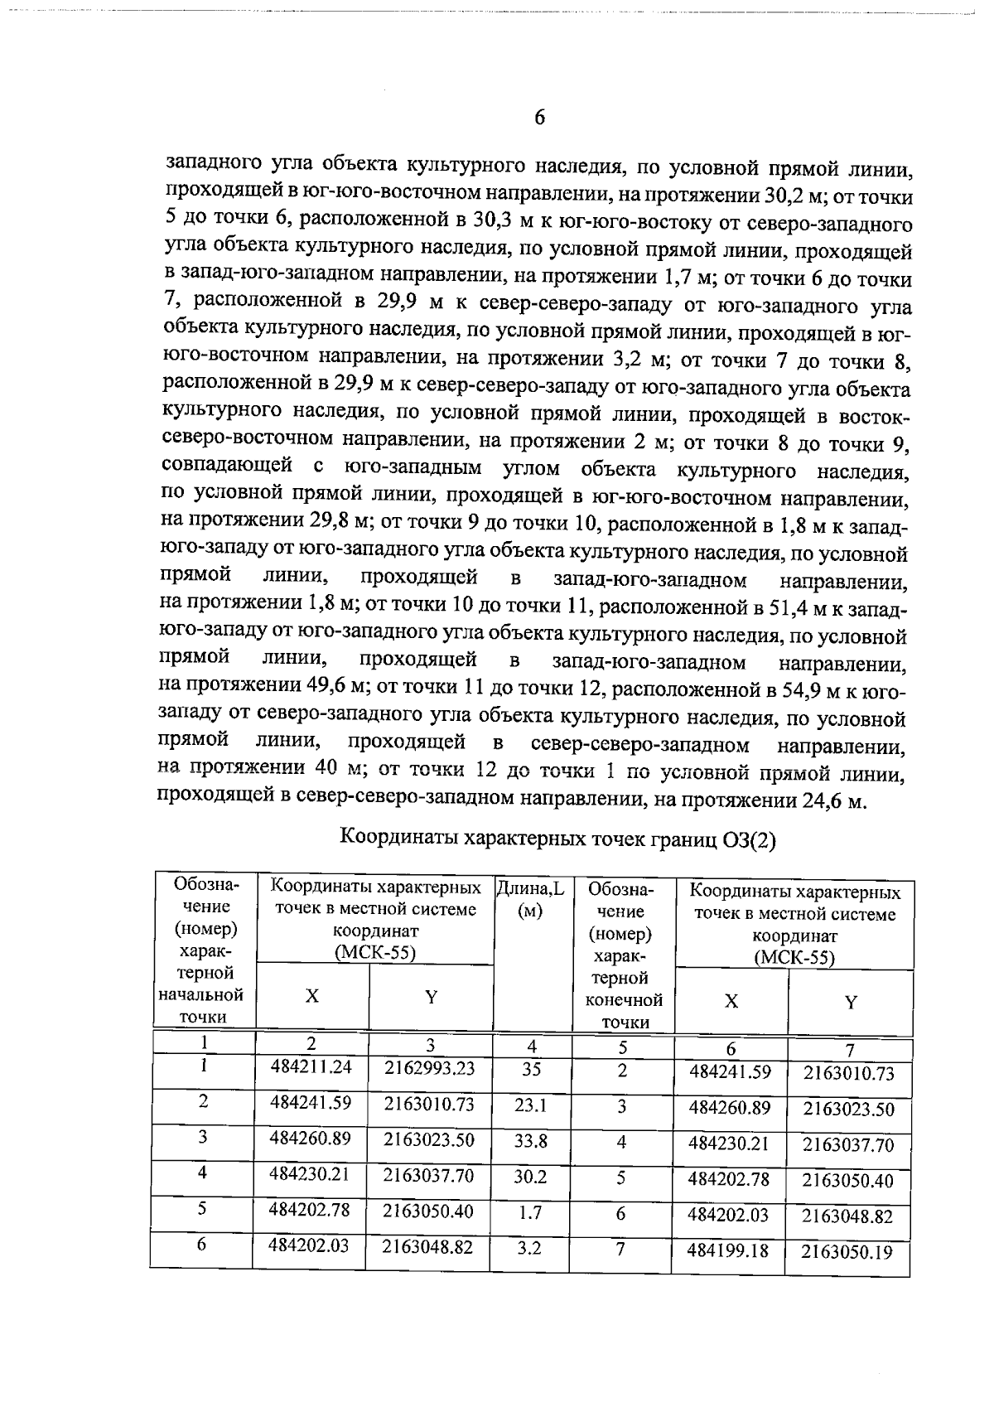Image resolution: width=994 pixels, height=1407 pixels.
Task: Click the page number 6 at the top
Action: (x=539, y=118)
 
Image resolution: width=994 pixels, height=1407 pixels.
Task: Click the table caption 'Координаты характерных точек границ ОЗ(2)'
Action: (x=558, y=838)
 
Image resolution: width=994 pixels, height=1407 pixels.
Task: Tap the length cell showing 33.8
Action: (x=530, y=1141)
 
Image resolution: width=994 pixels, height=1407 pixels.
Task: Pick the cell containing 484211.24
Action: (x=311, y=1068)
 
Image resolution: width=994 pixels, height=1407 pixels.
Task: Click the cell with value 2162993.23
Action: (x=430, y=1068)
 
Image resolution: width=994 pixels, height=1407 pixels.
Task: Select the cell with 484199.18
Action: (x=729, y=1250)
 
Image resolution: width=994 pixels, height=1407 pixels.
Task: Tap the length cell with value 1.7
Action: (x=530, y=1213)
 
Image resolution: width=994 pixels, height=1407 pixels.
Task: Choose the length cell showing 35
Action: (x=531, y=1069)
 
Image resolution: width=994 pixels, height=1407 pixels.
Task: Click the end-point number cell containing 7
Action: (x=620, y=1250)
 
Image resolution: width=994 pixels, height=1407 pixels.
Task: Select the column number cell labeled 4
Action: (x=531, y=1046)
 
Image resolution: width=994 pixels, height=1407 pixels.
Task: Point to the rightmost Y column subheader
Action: (x=850, y=1002)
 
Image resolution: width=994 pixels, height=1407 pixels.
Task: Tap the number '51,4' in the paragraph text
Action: (x=788, y=607)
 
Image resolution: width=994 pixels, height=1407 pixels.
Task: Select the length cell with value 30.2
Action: (x=530, y=1177)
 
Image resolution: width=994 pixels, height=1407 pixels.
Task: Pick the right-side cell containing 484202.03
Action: (x=729, y=1215)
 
